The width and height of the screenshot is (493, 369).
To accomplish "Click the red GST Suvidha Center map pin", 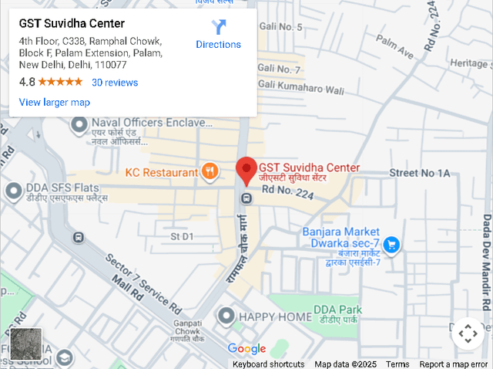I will coord(246,169).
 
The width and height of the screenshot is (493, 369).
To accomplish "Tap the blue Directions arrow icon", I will coord(219,28).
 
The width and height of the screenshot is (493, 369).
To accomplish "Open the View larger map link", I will coord(54,102).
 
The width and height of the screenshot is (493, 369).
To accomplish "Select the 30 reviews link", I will coord(115,83).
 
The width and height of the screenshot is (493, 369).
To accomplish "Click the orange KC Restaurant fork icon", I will coord(210,171).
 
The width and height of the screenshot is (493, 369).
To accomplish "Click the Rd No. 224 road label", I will coord(287,190).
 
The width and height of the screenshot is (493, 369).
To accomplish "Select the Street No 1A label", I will coord(419,173).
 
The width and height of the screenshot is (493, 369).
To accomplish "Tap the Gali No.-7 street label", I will coord(279,69).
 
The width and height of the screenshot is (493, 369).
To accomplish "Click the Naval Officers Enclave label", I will coord(151,123).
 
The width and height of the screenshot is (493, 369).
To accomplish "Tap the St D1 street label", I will coord(182,235).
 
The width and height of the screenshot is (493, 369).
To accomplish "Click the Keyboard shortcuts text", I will coord(268,364).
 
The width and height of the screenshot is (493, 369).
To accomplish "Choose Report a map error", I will coord(454,364).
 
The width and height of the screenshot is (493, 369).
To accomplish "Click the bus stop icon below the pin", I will coord(246,198).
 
